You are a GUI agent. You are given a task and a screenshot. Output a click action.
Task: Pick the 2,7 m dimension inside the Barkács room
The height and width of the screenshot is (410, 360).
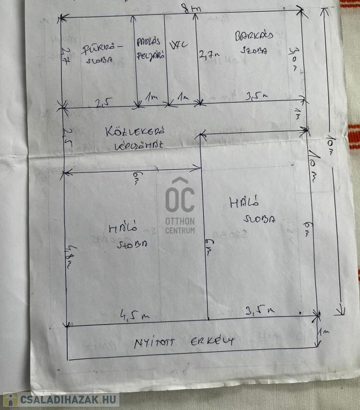[210, 54]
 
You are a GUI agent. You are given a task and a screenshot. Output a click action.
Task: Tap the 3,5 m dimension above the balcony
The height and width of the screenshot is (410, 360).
[260, 310]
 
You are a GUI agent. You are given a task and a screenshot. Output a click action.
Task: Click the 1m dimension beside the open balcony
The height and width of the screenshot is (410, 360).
[324, 332]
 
